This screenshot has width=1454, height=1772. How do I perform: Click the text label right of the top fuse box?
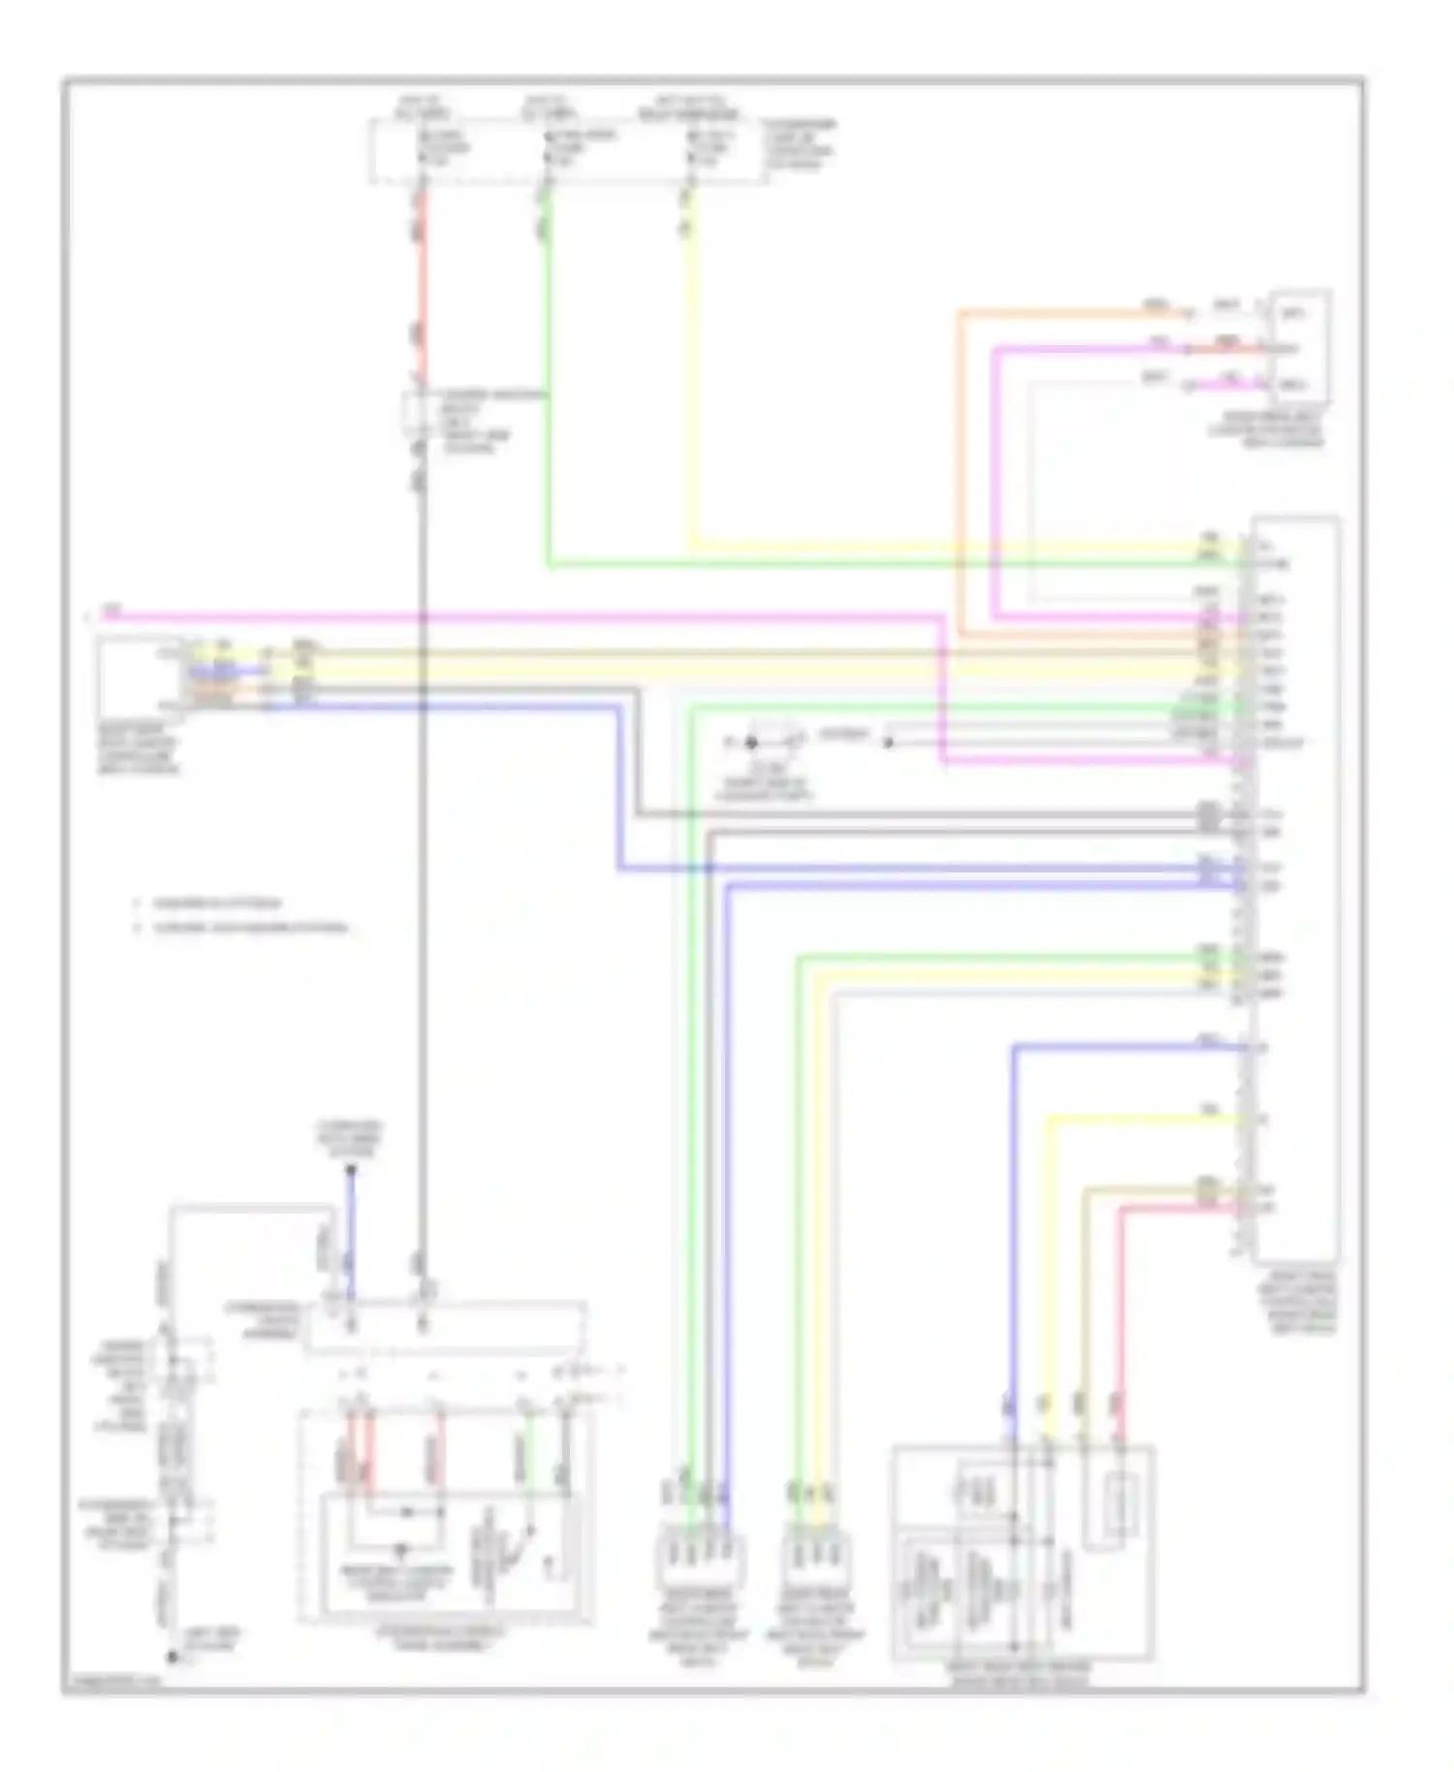801,144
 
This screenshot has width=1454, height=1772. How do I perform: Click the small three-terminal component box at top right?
1301,347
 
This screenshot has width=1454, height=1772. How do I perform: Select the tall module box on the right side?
1297,887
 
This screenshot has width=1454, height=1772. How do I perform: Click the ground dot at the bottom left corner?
173,1657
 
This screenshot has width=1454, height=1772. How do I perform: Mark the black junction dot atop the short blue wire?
351,1170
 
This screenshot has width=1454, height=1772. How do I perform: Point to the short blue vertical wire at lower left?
351,1231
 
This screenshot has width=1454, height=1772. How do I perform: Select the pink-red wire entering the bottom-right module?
1122,1309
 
